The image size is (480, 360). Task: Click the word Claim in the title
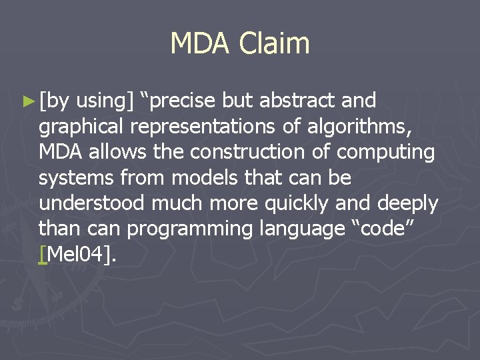tap(275, 44)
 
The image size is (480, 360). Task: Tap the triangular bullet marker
tap(28, 101)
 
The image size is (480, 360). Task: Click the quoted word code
tap(399, 229)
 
